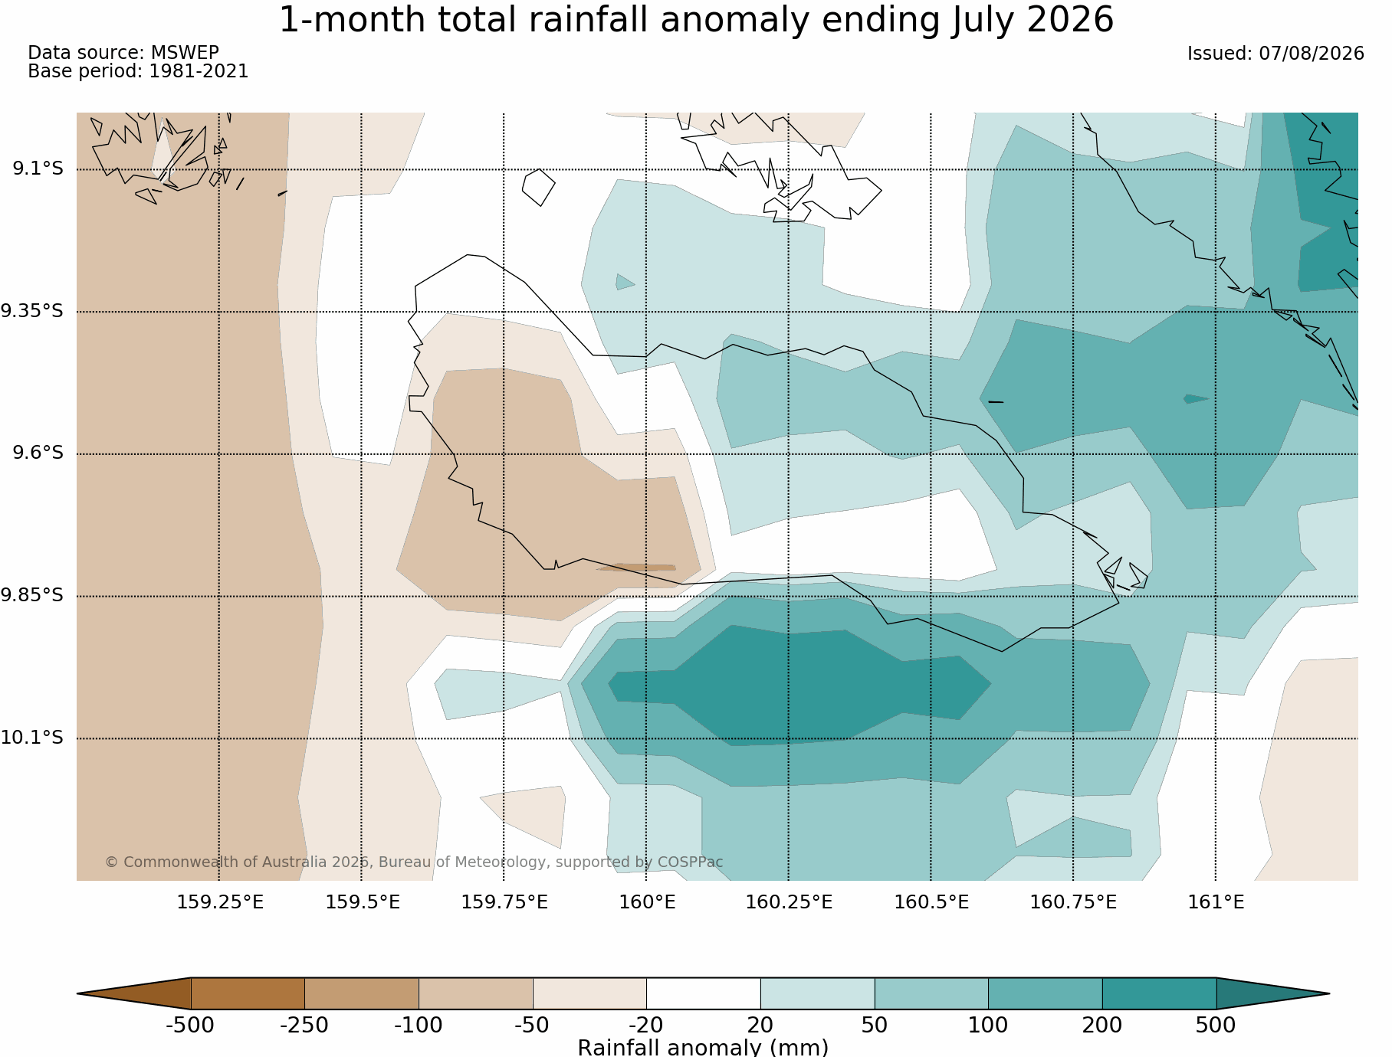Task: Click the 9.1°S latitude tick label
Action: click(38, 169)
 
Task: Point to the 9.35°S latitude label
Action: click(32, 311)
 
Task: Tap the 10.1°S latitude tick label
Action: click(32, 738)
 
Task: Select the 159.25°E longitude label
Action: click(220, 902)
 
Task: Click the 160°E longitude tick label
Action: click(647, 902)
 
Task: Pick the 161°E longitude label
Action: click(1216, 902)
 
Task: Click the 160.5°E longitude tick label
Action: click(931, 902)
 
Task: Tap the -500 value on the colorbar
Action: click(190, 1026)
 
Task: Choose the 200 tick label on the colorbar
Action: click(1102, 1026)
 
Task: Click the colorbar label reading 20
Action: click(760, 1026)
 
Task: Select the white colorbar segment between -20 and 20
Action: click(704, 993)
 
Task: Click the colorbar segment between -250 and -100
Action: click(362, 993)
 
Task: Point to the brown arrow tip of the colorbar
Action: click(78, 993)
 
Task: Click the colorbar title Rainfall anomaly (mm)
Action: click(703, 1047)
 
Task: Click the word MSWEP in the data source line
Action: click(185, 53)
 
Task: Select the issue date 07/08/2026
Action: click(1312, 54)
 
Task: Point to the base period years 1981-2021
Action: click(199, 71)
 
